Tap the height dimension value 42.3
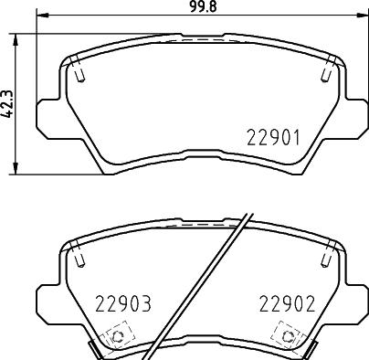click(x=7, y=102)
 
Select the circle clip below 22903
click(x=117, y=338)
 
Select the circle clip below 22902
click(x=290, y=338)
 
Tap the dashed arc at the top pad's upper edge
click(x=203, y=42)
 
